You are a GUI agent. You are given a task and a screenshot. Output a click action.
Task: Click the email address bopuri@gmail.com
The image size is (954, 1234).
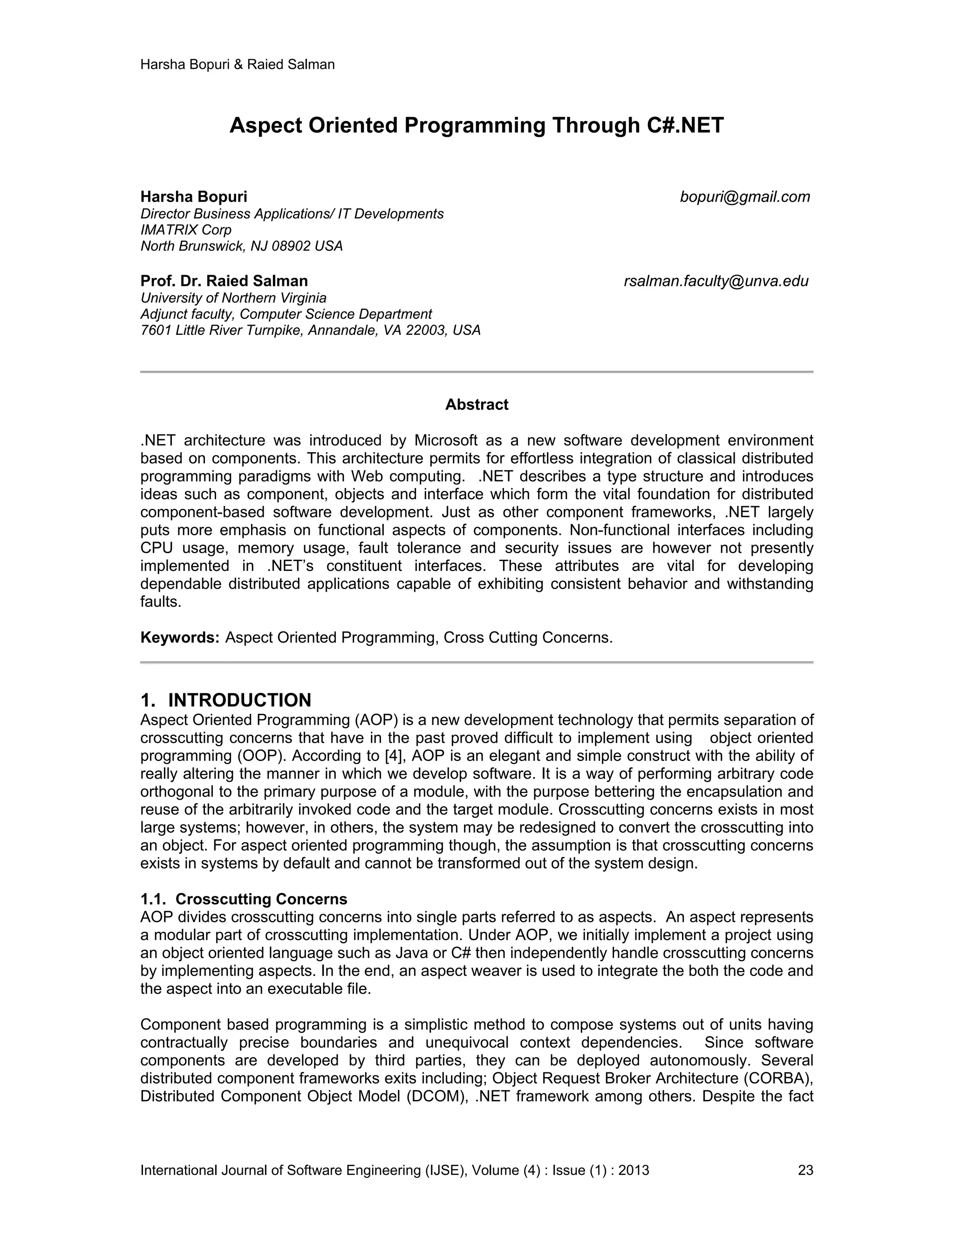[x=744, y=197]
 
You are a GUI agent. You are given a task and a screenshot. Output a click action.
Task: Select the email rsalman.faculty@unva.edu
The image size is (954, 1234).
[x=715, y=281]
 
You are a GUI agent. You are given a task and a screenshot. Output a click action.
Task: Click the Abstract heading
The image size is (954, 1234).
[x=477, y=405]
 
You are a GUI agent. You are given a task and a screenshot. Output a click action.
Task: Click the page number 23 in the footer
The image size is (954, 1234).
[x=805, y=1170]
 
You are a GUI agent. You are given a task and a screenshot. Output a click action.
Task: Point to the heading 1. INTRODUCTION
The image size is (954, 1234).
[x=225, y=700]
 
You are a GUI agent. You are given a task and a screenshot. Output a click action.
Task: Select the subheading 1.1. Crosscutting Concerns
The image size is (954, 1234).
[x=244, y=898]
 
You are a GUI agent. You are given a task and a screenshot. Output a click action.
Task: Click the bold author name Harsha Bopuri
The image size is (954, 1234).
[x=194, y=197]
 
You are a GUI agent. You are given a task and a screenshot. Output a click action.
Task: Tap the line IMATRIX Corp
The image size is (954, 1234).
[x=186, y=230]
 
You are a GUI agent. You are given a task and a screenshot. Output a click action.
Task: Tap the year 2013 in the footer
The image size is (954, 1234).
[x=634, y=1170]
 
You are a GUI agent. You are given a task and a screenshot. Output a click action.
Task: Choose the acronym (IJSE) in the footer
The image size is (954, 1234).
[x=443, y=1170]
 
